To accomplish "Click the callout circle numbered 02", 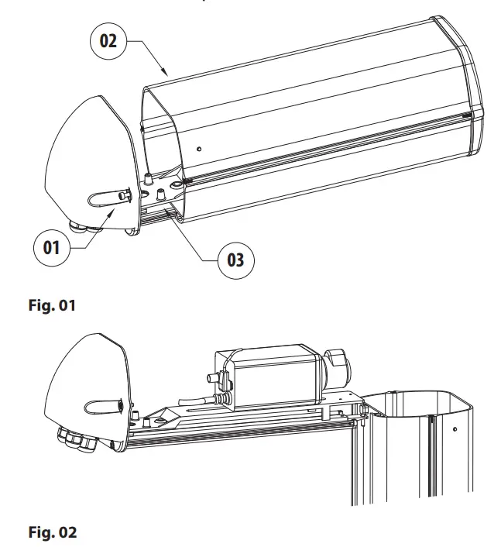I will click(x=109, y=40).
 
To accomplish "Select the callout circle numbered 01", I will click(x=51, y=249).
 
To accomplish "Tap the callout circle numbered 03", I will click(x=235, y=259).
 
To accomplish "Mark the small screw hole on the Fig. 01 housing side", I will click(x=199, y=148).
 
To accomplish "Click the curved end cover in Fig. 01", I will click(x=85, y=163).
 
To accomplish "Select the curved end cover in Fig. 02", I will click(x=85, y=380).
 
